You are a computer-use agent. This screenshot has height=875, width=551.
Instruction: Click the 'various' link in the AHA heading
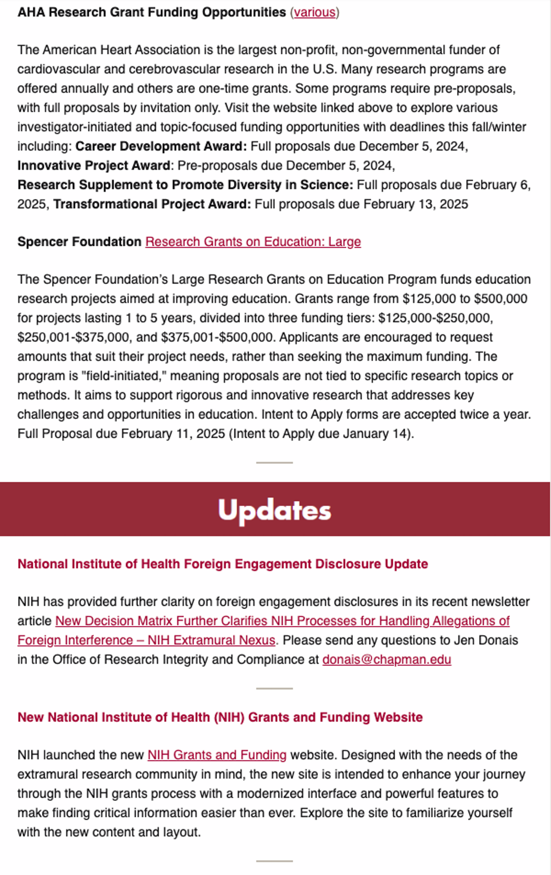pos(315,12)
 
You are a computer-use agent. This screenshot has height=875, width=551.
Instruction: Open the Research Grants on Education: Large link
pos(253,242)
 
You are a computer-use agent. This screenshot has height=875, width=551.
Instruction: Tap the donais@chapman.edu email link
pos(387,659)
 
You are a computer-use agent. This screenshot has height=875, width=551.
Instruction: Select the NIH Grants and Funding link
pos(217,755)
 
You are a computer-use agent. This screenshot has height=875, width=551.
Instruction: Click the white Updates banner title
pos(274,510)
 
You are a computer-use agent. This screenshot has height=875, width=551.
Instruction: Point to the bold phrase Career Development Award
pos(161,146)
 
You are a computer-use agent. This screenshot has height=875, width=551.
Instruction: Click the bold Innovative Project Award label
pos(94,165)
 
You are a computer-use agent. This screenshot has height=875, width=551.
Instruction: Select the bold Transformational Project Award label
pos(152,204)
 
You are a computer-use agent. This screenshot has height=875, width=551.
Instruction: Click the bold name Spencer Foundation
pos(79,242)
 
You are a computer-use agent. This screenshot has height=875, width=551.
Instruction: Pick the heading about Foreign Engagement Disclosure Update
pos(222,564)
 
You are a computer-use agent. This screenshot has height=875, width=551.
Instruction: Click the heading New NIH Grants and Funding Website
pos(220,717)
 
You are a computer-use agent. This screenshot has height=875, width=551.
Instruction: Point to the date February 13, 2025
pos(415,204)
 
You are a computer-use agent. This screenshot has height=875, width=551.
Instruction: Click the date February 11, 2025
pos(173,434)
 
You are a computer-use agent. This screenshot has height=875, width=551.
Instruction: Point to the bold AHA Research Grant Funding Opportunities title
pos(151,12)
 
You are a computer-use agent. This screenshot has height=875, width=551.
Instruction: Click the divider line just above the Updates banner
pos(274,463)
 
